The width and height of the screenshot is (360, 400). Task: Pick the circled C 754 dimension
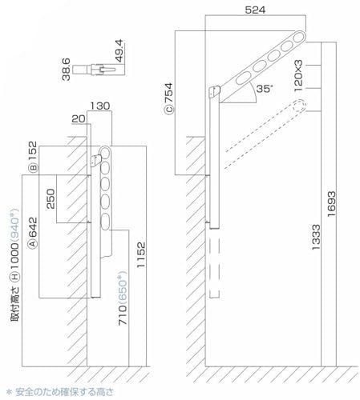click(x=169, y=100)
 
